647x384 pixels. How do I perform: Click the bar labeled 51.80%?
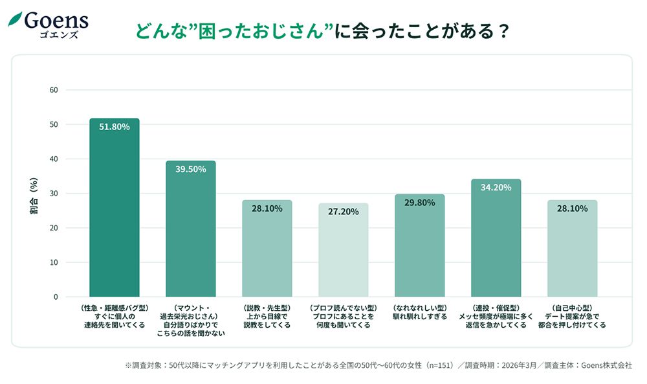114,207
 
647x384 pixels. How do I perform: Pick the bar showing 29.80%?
419,245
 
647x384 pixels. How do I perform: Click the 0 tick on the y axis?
56,297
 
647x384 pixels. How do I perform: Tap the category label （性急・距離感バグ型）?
114,308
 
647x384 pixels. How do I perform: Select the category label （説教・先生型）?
267,308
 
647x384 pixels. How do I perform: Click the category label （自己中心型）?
572,308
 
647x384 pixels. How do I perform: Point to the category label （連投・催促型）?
496,308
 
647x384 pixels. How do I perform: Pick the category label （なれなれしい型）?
419,308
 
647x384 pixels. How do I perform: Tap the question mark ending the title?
499,31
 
